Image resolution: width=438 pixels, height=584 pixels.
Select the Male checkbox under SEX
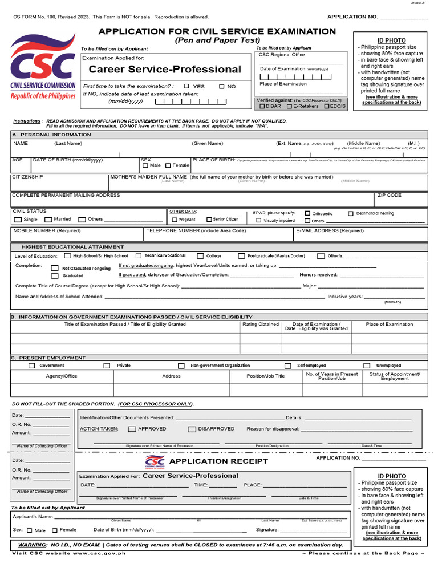pos(145,165)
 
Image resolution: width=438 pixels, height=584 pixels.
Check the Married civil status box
pos(48,220)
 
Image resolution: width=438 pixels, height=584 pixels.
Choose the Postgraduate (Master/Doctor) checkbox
pos(242,256)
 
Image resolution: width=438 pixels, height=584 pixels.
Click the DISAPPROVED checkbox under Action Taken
pos(192,429)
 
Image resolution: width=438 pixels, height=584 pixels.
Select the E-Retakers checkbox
pos(289,106)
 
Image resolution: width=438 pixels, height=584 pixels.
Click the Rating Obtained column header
pos(261,324)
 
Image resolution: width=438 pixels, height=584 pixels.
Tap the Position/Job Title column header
pos(265,376)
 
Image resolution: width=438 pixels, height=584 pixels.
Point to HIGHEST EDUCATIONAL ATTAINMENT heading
pos(72,247)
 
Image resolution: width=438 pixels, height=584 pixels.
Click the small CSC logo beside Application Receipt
pos(155,461)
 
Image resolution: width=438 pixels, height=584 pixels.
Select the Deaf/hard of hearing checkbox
pos(351,213)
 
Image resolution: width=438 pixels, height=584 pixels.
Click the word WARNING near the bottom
pos(31,545)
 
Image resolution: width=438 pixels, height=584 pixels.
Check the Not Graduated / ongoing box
pos(55,268)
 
